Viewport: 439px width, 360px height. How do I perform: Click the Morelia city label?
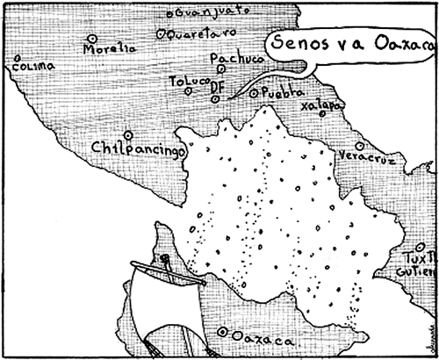coord(111,49)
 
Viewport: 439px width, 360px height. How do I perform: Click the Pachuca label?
coord(232,58)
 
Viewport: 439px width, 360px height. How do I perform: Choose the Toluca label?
coord(188,81)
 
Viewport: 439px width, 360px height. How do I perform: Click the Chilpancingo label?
coord(140,150)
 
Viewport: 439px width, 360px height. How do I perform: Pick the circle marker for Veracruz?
coord(358,146)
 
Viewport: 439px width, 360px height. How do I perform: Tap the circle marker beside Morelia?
coord(92,38)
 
